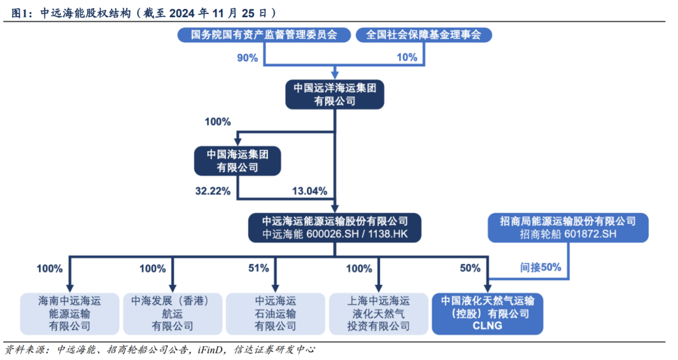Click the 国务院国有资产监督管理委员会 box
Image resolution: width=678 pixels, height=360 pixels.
coord(264,35)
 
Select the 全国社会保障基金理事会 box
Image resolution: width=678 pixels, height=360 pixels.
coord(424,35)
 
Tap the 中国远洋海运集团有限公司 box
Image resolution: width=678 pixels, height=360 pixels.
coord(334,94)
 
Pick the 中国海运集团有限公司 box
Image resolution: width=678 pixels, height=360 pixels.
coord(237,161)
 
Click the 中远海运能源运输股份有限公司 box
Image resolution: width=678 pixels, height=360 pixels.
coord(334,227)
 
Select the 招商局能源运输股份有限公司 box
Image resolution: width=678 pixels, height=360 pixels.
coord(567,227)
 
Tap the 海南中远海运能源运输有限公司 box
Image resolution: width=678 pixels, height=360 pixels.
coord(69,314)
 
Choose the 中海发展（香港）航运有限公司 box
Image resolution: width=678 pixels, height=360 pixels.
coord(173,314)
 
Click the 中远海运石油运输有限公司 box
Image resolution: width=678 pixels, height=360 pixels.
coord(275,314)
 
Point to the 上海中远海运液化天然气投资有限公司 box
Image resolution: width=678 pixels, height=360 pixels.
coord(378,314)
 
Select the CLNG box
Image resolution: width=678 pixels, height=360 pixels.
coord(487,314)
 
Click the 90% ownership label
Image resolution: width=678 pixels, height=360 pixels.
coord(247,58)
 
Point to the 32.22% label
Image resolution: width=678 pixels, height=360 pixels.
coord(213,191)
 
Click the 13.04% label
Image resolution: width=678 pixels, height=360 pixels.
coord(310,191)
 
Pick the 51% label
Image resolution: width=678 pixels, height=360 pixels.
coord(258,268)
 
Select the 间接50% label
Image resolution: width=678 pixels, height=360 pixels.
coord(541,268)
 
